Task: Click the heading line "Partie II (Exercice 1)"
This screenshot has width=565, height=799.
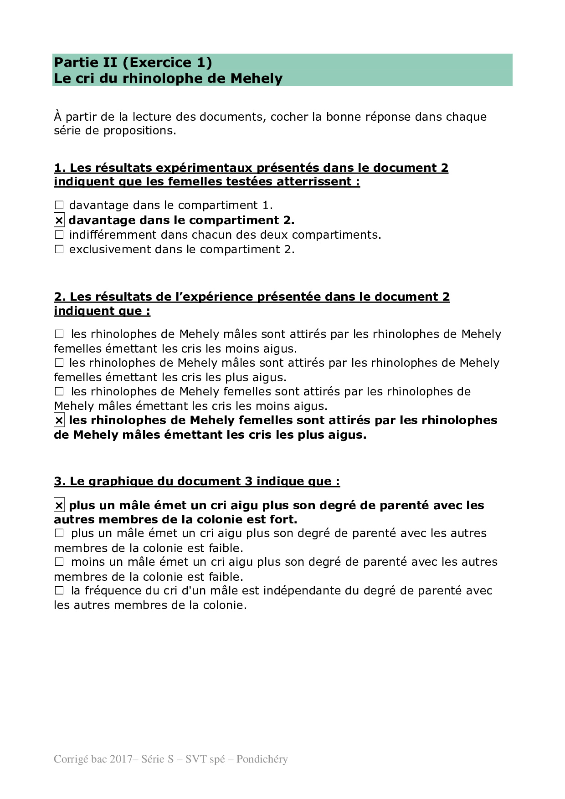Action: pyautogui.click(x=133, y=62)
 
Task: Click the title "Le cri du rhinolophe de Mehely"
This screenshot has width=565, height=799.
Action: pyautogui.click(x=168, y=78)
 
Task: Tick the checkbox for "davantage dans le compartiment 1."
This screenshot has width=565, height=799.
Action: pyautogui.click(x=59, y=205)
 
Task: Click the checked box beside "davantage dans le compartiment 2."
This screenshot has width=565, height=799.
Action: pyautogui.click(x=59, y=220)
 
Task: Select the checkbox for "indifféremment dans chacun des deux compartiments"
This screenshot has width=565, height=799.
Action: pyautogui.click(x=59, y=235)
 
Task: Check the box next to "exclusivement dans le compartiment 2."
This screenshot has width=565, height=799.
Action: pyautogui.click(x=59, y=250)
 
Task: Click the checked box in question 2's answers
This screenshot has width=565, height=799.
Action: pyautogui.click(x=59, y=420)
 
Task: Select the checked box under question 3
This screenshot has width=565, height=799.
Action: pyautogui.click(x=59, y=505)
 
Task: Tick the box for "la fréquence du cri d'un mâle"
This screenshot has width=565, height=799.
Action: pyautogui.click(x=59, y=591)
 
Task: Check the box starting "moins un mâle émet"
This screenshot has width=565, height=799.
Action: pyautogui.click(x=59, y=562)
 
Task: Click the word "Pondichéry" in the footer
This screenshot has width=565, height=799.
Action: pyautogui.click(x=262, y=759)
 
